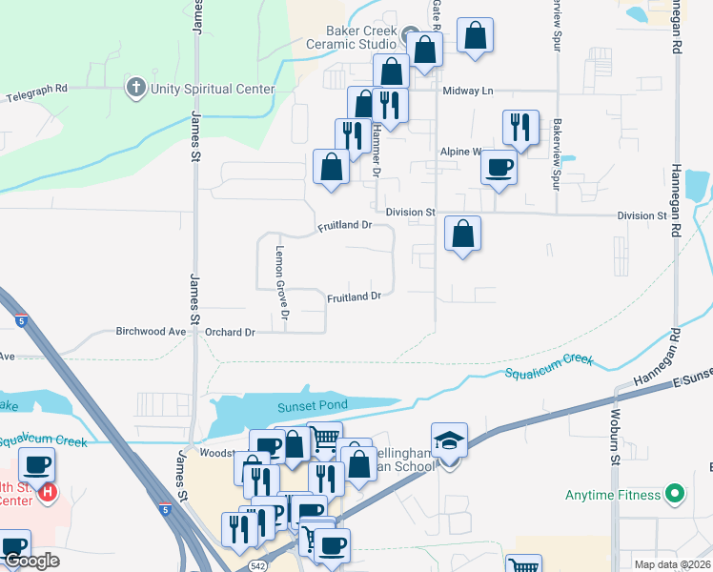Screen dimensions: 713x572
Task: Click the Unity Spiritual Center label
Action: click(212, 90)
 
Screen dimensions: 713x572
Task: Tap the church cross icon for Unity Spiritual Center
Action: click(136, 89)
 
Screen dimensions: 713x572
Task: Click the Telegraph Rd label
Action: click(37, 92)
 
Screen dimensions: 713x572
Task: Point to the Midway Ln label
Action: click(468, 91)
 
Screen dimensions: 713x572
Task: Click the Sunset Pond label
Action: click(312, 406)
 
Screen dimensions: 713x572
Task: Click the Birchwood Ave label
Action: click(151, 332)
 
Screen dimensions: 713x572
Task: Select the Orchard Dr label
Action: click(231, 332)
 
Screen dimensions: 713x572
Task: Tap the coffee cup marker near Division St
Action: click(499, 168)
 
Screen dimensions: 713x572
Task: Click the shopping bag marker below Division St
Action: click(462, 234)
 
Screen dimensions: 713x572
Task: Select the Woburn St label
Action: click(616, 446)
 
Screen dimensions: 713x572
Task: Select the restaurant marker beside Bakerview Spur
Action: click(520, 128)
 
